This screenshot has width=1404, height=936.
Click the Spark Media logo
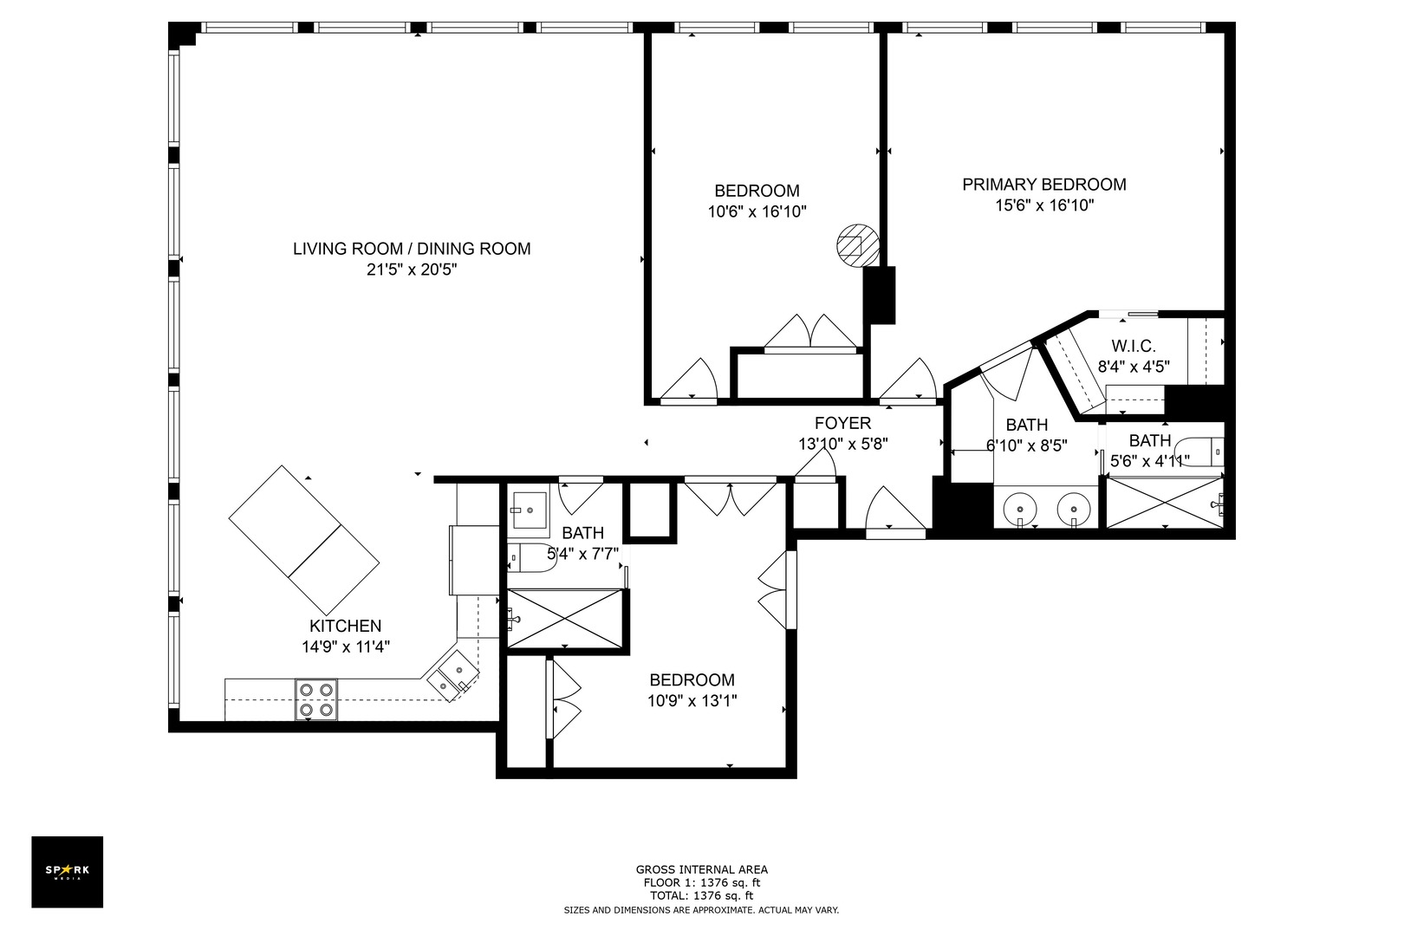[67, 871]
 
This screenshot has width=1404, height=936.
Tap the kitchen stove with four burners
[315, 699]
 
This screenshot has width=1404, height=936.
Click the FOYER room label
[842, 423]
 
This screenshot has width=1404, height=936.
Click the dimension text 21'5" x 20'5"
[411, 270]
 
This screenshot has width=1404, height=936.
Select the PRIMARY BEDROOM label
[1043, 185]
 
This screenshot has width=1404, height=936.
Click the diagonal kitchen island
[304, 539]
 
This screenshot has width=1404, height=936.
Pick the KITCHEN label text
[345, 626]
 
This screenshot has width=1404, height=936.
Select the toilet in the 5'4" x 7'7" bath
[530, 559]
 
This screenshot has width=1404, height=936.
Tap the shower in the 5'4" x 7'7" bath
[565, 618]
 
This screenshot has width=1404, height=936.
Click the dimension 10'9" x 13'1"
[692, 701]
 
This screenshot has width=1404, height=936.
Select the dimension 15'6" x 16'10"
[1043, 205]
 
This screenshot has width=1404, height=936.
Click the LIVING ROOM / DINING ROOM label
[411, 249]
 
